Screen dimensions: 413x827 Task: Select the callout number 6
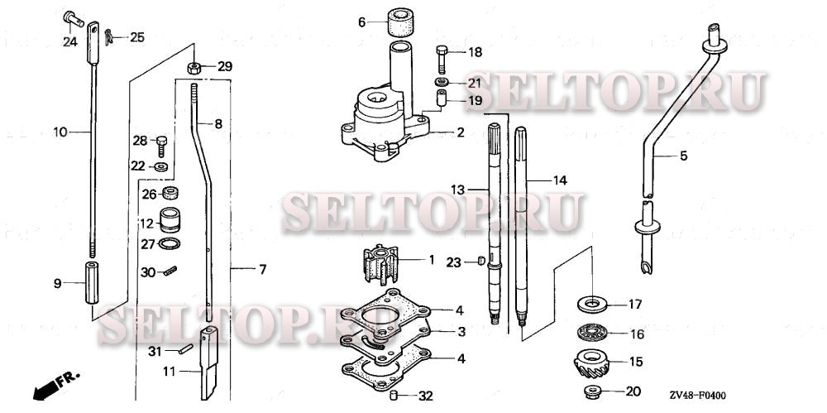pos(361,22)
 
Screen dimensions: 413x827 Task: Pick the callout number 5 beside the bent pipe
pos(683,155)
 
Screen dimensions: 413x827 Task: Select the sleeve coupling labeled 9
pos(90,283)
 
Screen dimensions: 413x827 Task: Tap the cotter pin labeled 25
pos(111,36)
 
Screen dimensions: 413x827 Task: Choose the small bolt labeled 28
pos(163,143)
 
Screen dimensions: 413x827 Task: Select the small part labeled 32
pos(395,393)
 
